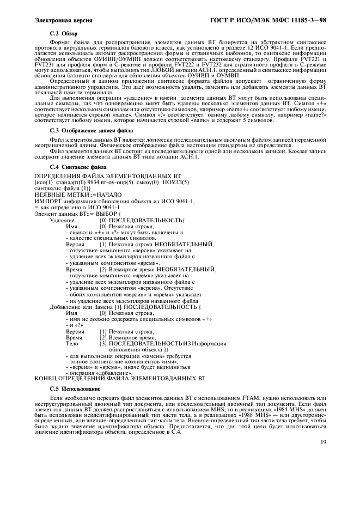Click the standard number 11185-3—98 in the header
point(306,20)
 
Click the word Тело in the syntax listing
point(72,344)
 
